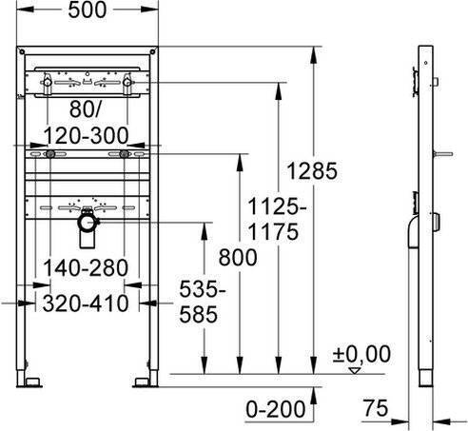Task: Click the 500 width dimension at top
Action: pos(88,10)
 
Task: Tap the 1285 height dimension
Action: pos(312,170)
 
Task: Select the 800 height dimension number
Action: pos(238,257)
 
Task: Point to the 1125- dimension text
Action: pos(277,206)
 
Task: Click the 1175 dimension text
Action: pos(273,231)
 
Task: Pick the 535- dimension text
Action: pos(203,289)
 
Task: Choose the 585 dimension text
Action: pos(199,314)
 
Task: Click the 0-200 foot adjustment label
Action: pos(276,409)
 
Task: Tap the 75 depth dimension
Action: pos(376,407)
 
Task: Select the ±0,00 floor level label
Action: pos(361,354)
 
